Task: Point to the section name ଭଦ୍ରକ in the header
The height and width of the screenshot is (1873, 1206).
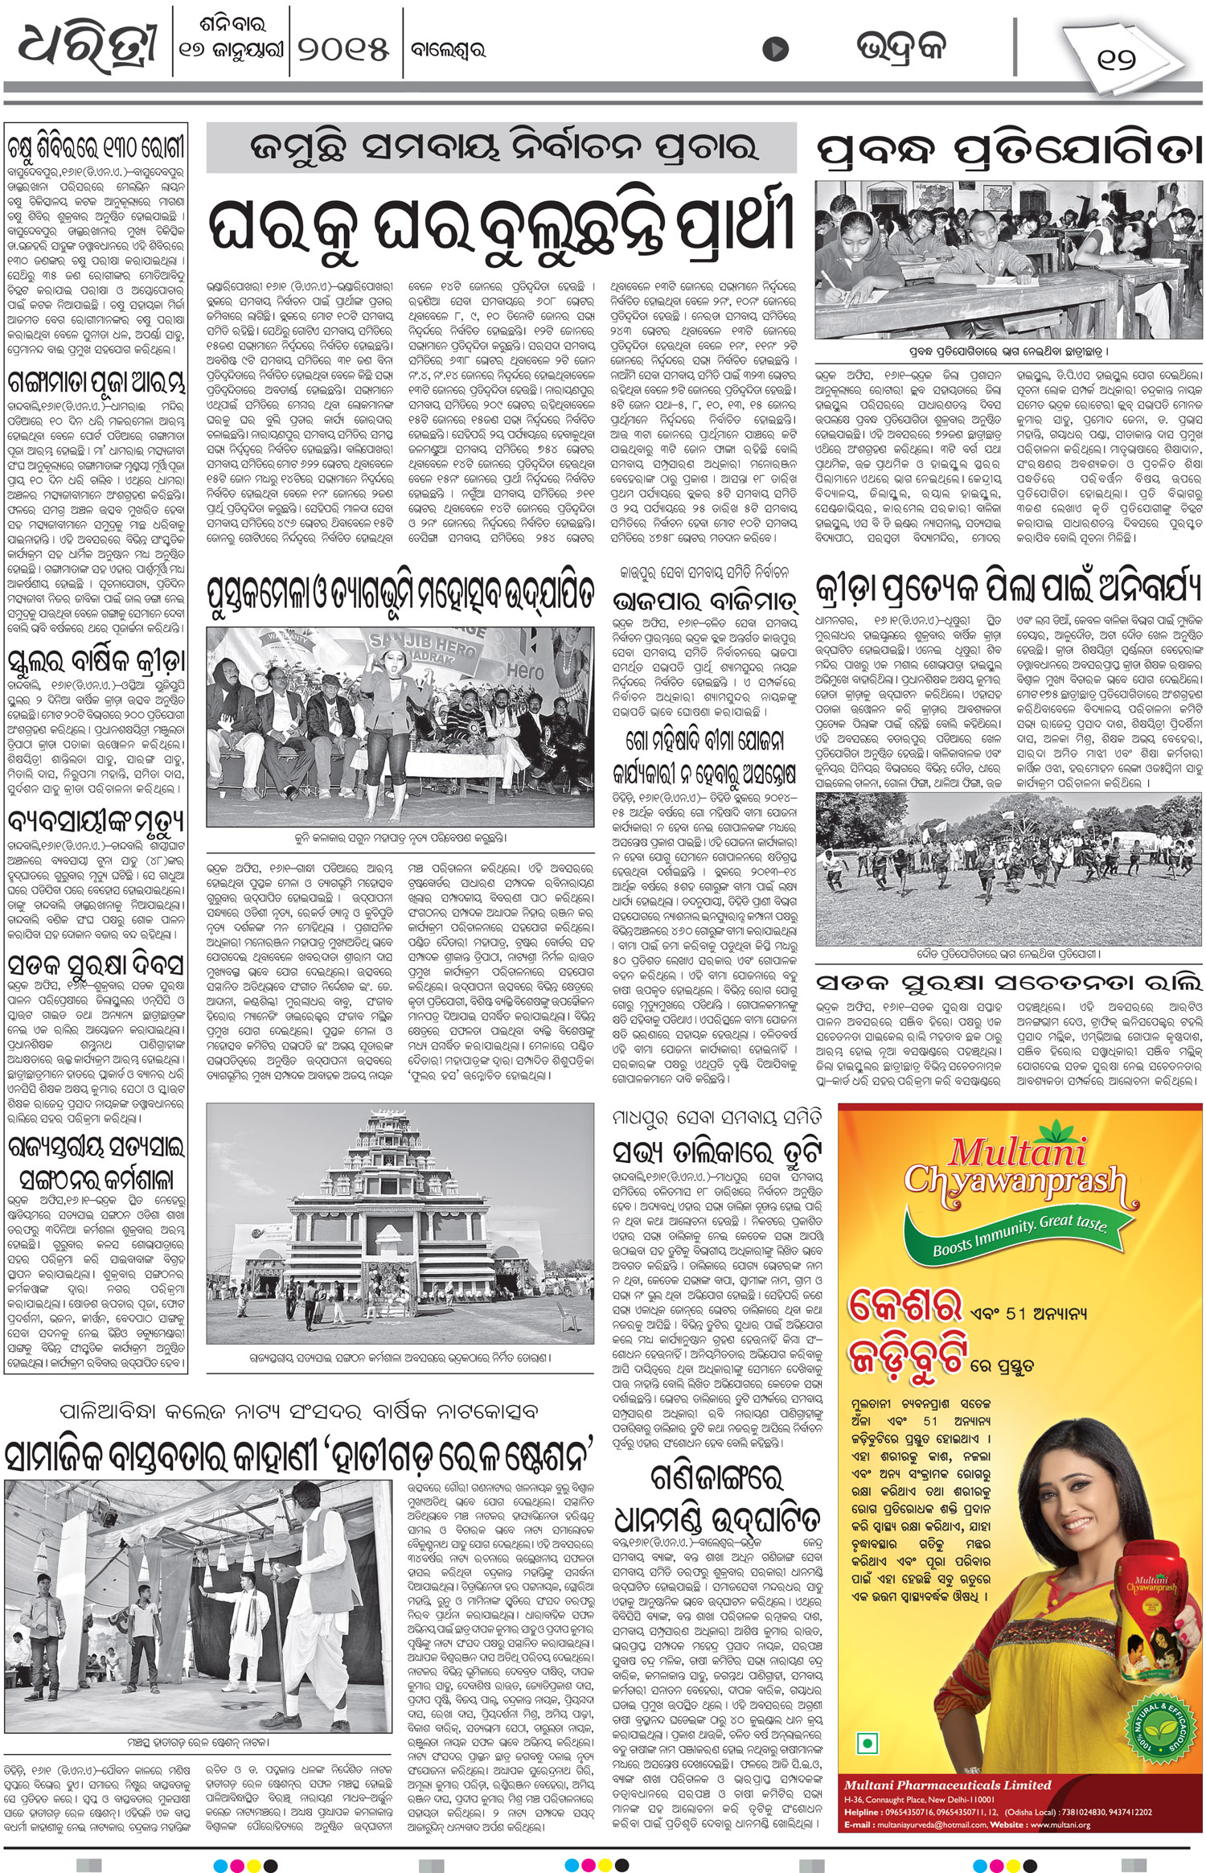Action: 900,48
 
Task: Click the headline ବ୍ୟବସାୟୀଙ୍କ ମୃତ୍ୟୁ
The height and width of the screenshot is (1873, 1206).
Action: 96,822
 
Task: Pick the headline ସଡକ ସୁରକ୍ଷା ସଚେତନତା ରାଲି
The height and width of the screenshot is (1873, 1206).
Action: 1009,983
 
